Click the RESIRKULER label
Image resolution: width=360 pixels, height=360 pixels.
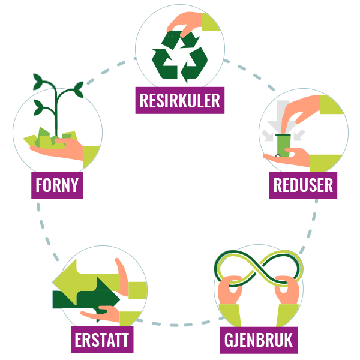180,100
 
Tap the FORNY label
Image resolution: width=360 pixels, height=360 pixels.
57,185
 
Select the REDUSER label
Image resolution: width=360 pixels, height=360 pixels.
303,185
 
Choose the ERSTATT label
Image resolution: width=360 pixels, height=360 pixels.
102,340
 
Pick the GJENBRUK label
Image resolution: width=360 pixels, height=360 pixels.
259,340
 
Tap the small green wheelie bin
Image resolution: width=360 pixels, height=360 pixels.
283,145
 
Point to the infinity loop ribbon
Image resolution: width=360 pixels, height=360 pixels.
259,269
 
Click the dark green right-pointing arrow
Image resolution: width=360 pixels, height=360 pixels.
86,296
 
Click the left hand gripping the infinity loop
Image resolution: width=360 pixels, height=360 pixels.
230,290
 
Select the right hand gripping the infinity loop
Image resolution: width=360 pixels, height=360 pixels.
287,290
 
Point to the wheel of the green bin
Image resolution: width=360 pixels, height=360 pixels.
278,156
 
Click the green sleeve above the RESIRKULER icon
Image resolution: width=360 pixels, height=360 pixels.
211,22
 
